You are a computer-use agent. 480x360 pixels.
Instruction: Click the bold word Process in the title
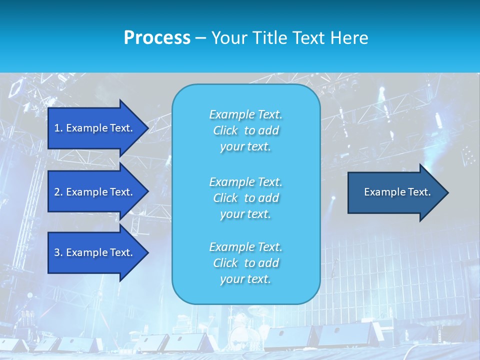tap(157, 38)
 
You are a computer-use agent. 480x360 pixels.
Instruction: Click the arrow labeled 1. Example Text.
tap(95, 128)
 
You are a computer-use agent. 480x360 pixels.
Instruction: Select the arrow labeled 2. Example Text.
tap(95, 192)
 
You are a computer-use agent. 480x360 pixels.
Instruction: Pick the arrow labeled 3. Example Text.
tap(95, 252)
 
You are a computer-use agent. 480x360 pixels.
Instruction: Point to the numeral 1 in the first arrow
tap(57, 128)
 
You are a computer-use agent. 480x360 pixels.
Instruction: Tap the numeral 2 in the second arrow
tap(57, 192)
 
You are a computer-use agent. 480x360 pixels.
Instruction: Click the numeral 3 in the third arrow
tap(57, 252)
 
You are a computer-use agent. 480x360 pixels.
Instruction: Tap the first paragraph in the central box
tap(245, 130)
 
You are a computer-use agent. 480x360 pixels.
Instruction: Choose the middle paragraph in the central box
tap(245, 197)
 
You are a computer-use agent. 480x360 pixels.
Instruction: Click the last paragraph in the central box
tap(245, 263)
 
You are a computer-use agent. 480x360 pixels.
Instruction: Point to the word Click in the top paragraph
tap(225, 130)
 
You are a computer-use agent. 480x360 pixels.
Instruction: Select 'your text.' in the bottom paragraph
tap(245, 279)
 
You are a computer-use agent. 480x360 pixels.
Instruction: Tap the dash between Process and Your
tap(200, 38)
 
